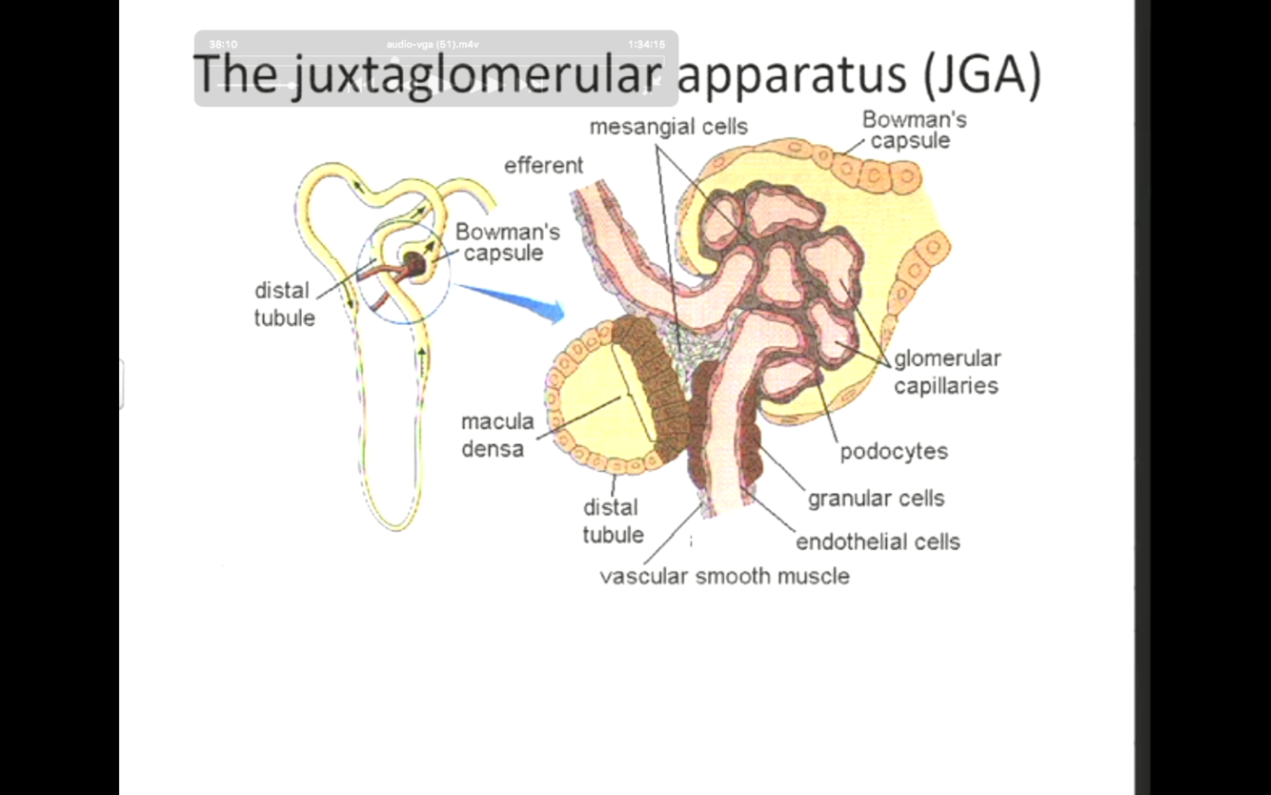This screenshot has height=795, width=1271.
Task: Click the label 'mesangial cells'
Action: coord(668,127)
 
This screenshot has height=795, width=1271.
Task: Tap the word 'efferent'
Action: coord(543,166)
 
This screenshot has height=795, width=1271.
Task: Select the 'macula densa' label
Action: coord(496,435)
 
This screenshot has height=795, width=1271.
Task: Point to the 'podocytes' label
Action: coord(894,452)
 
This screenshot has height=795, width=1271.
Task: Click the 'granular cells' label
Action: coord(876,499)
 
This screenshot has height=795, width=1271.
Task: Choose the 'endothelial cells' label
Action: coord(878,542)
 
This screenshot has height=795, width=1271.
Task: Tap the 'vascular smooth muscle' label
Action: coord(724,576)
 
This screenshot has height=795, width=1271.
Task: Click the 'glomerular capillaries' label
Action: coord(946,373)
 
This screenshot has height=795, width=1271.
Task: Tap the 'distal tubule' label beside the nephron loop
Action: coord(284,304)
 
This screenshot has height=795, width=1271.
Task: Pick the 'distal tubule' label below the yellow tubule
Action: coord(613,521)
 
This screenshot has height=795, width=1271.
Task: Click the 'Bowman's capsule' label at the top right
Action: coord(914,131)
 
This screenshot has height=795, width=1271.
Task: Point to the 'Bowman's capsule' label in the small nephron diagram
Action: coord(506,243)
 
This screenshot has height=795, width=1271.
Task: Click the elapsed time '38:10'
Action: coord(223,45)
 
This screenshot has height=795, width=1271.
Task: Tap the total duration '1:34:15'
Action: coord(646,45)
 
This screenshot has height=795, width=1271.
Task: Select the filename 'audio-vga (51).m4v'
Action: coord(433,45)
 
